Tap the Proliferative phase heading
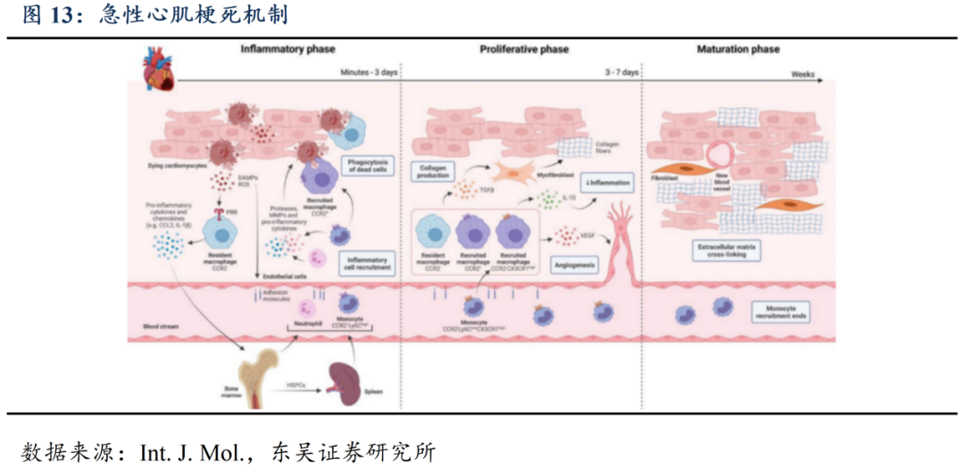coord(523,49)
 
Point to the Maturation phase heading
coord(737,49)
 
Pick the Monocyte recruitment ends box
coord(780,311)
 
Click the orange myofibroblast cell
coord(503,172)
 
